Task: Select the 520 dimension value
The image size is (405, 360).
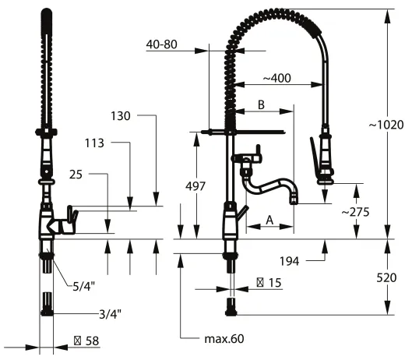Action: (386, 277)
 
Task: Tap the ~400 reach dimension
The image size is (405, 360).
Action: (277, 78)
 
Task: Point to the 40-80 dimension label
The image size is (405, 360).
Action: (161, 45)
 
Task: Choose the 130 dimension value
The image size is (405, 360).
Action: (120, 115)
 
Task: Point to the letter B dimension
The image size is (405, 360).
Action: (262, 104)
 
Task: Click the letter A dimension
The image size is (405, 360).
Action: (269, 221)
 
